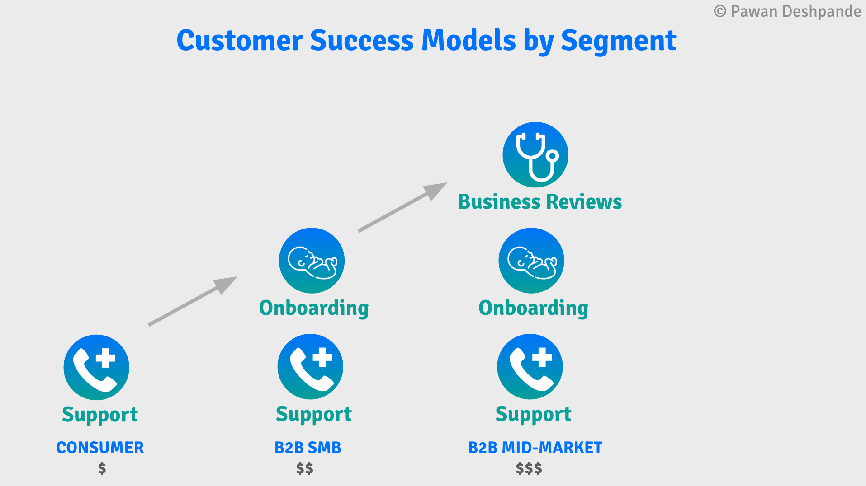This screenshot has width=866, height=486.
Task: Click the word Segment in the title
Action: [x=618, y=41]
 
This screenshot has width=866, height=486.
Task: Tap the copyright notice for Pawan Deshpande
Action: [x=787, y=11]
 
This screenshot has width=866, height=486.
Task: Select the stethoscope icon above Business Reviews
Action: [x=535, y=155]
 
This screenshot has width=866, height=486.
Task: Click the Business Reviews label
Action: [x=540, y=202]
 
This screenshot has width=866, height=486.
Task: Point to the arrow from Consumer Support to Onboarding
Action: [x=192, y=301]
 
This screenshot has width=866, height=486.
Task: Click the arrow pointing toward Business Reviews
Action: [x=402, y=207]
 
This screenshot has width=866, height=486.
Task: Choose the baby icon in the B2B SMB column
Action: [x=312, y=261]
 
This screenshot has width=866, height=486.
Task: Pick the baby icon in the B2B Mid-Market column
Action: [x=531, y=261]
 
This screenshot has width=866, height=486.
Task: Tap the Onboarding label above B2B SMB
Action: [x=314, y=308]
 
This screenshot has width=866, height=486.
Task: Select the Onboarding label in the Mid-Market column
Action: [x=534, y=308]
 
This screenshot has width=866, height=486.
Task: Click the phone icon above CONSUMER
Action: [x=96, y=367]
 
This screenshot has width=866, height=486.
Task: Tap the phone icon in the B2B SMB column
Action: [x=310, y=367]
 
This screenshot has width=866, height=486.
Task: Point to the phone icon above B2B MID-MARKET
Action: [x=530, y=367]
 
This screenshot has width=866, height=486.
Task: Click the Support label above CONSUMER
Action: [x=100, y=415]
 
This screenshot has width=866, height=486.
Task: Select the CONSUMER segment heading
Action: [x=100, y=448]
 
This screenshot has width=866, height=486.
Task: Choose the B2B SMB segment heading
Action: [x=308, y=448]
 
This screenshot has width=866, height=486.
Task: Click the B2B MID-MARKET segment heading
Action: [x=535, y=448]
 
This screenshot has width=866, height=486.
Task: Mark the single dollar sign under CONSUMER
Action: [x=102, y=468]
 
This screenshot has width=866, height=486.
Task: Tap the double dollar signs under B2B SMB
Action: [x=305, y=468]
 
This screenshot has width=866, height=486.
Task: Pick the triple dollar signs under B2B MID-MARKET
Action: [x=529, y=468]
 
